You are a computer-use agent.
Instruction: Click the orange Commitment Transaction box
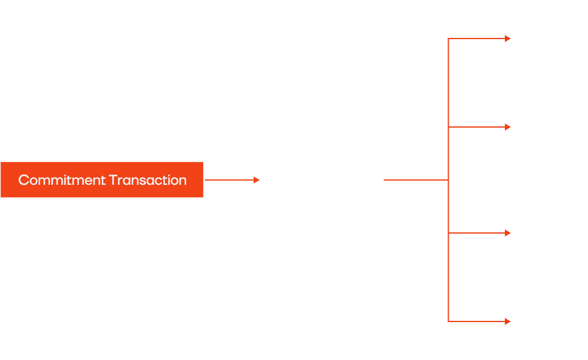point(102,180)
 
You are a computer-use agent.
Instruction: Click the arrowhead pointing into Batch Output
point(256,180)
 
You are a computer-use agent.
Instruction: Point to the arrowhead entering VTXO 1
point(507,39)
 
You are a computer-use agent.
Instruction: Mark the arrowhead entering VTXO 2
point(507,127)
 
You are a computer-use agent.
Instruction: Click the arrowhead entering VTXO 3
point(507,233)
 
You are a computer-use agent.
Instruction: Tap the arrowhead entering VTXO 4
point(507,321)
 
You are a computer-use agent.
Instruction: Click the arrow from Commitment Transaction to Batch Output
point(229,180)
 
